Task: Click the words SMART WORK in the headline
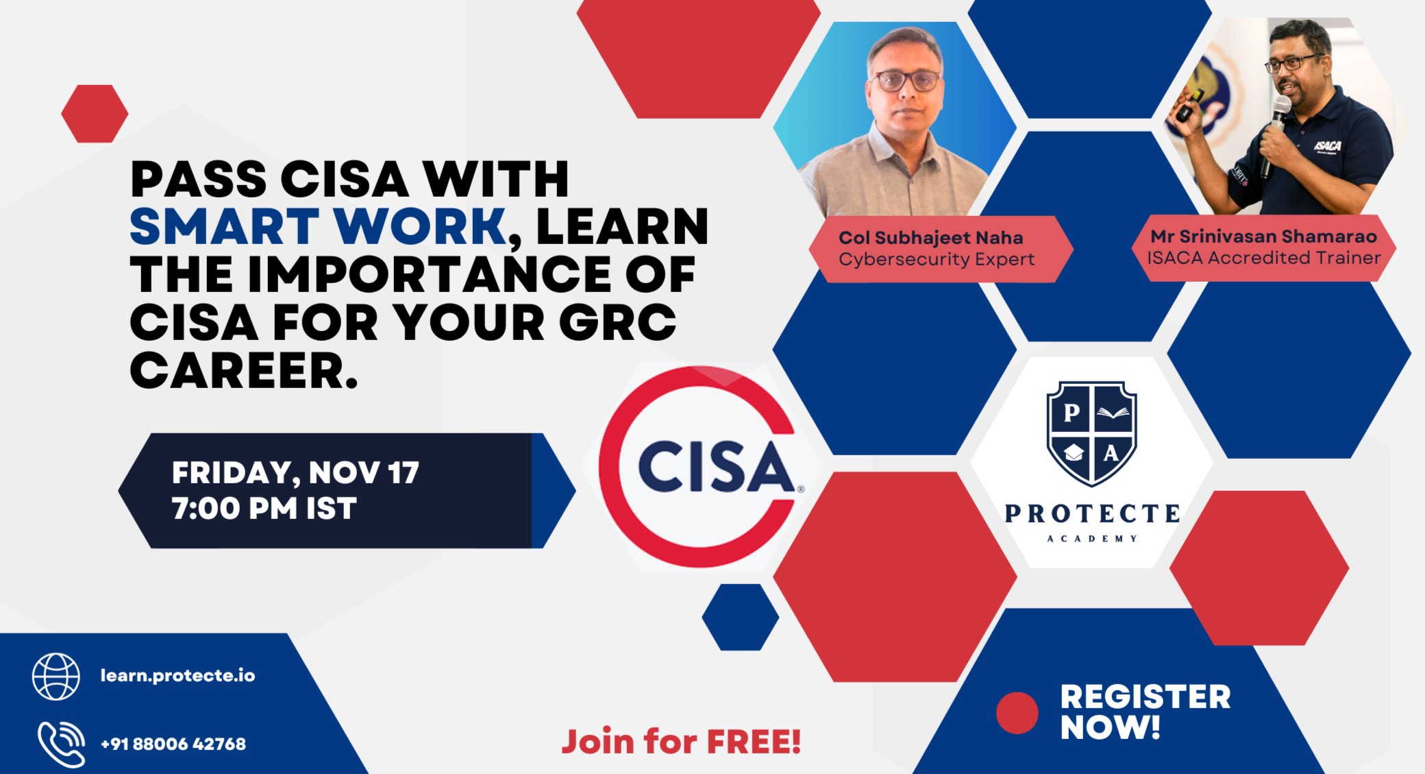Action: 318,226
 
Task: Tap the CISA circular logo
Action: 700,467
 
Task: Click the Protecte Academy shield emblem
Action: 1091,433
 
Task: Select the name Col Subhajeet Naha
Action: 930,238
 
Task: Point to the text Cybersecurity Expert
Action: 936,260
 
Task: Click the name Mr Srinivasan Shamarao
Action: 1263,237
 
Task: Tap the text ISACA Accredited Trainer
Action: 1263,258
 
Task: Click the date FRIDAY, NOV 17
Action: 295,472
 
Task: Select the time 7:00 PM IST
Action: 264,509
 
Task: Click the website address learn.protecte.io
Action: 177,675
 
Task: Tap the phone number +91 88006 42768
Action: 173,744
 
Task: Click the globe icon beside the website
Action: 56,676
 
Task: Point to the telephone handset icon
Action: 61,744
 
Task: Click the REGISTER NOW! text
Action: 1144,712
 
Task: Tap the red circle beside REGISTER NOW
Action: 1017,713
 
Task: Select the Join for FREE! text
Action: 681,742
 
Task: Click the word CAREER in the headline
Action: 243,371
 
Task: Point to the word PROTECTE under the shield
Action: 1092,513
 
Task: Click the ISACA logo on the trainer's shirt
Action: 1327,146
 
